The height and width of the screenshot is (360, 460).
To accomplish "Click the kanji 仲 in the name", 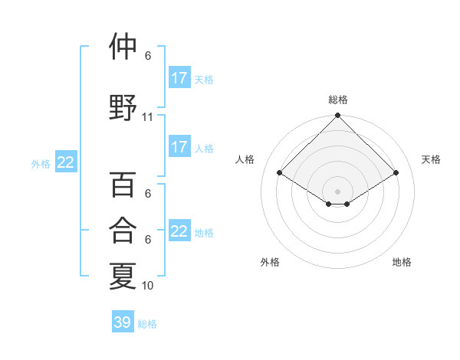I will [123, 47].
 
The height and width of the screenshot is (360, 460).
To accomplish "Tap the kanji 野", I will [123, 107].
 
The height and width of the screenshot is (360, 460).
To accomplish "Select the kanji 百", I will [123, 185].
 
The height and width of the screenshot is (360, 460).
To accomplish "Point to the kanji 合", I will [123, 230].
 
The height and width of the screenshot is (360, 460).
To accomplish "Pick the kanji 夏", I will [123, 276].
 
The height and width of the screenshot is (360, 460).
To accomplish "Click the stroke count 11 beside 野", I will [148, 117].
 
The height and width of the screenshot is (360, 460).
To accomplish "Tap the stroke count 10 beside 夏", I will [148, 286].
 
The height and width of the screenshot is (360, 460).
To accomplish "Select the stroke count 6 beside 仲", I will [148, 56].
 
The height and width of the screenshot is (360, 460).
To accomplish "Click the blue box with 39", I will [122, 322].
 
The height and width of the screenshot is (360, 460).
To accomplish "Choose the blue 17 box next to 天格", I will [179, 78].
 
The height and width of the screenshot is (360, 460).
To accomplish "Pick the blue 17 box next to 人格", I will [179, 147].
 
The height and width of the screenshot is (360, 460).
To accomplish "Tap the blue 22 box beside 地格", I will [179, 231].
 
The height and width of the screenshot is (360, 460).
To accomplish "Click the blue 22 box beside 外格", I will [66, 162].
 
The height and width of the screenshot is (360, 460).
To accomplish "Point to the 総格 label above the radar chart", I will [338, 100].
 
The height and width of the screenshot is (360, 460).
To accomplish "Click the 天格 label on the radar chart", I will [431, 159].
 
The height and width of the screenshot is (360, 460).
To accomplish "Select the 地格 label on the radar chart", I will [402, 262].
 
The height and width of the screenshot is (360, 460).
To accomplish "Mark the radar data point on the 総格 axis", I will [338, 116].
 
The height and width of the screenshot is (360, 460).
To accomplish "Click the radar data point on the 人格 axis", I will [280, 173].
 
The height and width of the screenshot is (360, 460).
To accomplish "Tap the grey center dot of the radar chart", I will [338, 190].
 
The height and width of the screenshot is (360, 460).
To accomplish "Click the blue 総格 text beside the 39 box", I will [147, 324].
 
